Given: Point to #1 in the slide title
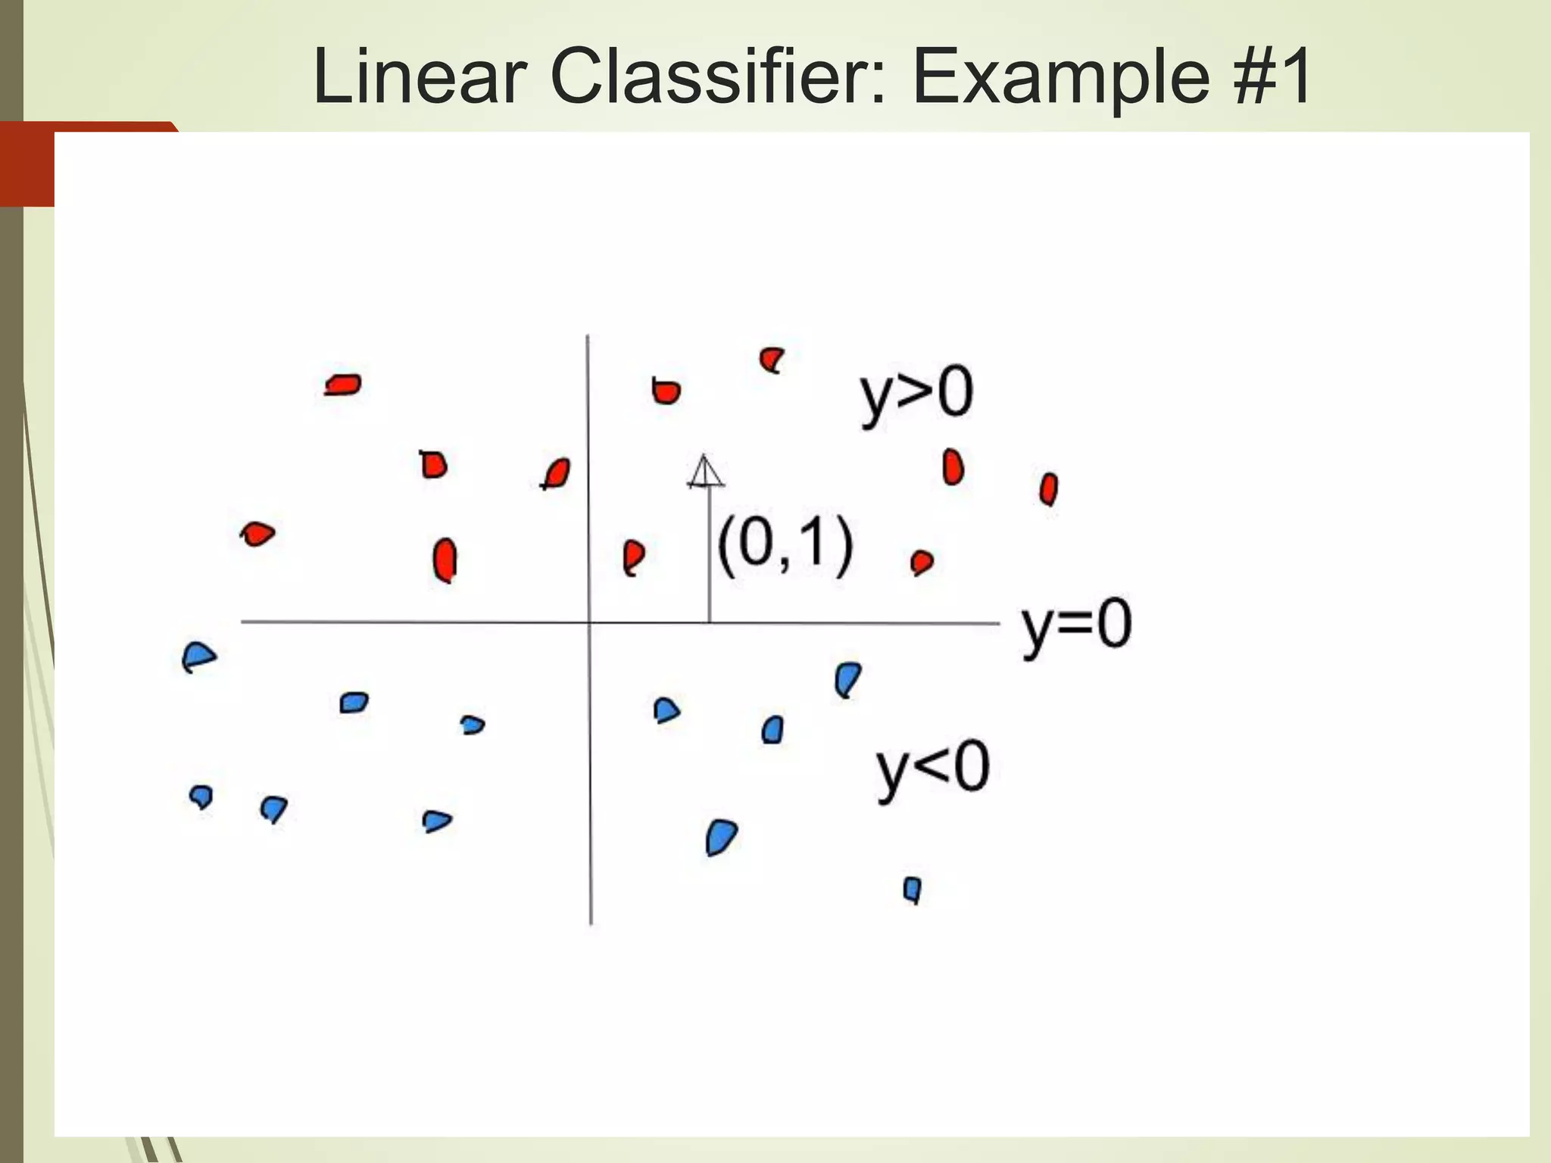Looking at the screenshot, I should (1273, 77).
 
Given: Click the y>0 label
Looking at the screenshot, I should (916, 395).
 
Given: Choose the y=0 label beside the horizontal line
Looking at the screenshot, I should (1076, 627).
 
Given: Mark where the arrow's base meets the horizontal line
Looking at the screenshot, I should (709, 622).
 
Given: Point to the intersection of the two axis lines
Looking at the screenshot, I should (589, 622).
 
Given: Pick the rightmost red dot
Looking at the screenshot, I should (1048, 489).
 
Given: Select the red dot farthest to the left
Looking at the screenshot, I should (257, 534).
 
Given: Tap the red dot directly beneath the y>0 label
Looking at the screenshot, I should (952, 467).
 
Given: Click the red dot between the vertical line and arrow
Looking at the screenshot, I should (632, 557).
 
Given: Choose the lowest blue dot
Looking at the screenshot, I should (913, 889).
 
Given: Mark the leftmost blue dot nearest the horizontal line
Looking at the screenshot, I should (198, 656).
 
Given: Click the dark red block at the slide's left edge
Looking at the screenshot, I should (27, 164).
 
